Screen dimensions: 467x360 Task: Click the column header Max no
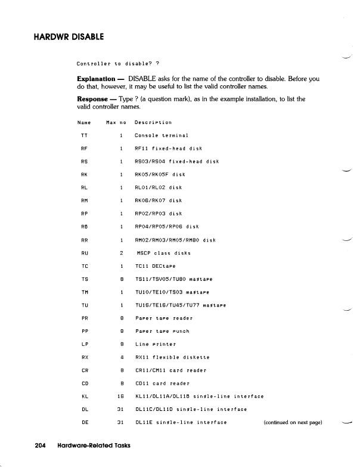pyautogui.click(x=115, y=123)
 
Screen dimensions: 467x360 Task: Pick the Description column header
pyautogui.click(x=153, y=123)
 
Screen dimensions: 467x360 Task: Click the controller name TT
pyautogui.click(x=83, y=136)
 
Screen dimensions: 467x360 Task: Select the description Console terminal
pyautogui.click(x=162, y=136)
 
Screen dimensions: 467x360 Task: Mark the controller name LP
pyautogui.click(x=83, y=344)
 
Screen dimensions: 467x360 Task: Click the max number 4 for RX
pyautogui.click(x=121, y=357)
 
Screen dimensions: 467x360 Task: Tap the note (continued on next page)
pyautogui.click(x=292, y=422)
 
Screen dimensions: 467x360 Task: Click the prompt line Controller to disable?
pyautogui.click(x=117, y=64)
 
